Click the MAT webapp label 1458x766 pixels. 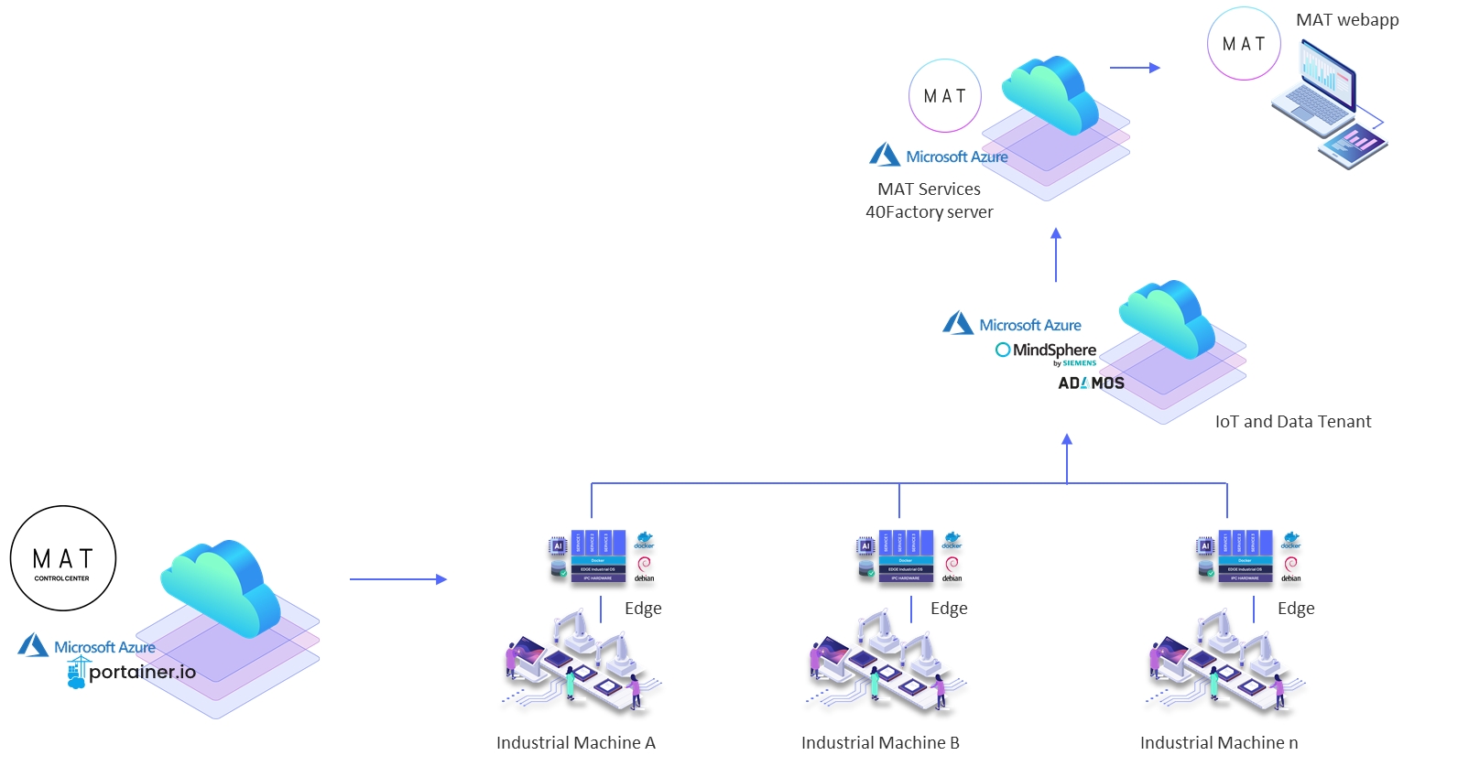(x=1347, y=20)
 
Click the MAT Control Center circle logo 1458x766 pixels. (x=63, y=558)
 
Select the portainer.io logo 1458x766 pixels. (x=132, y=673)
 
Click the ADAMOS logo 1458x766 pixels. (x=1091, y=383)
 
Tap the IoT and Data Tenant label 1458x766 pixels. (x=1292, y=422)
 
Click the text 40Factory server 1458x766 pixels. (x=929, y=212)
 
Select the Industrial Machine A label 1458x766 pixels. (x=576, y=742)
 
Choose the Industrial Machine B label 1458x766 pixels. (x=880, y=742)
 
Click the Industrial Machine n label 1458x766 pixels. (x=1219, y=742)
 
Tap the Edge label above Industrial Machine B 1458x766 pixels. (x=949, y=609)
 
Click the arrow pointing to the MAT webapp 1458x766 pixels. (x=1135, y=68)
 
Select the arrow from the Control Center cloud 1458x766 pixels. (x=397, y=579)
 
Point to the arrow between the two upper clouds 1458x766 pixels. (x=1056, y=255)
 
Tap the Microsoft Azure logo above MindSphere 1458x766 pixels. (x=1012, y=325)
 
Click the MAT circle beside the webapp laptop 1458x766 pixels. (x=1244, y=44)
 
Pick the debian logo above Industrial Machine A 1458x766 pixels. (x=645, y=568)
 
